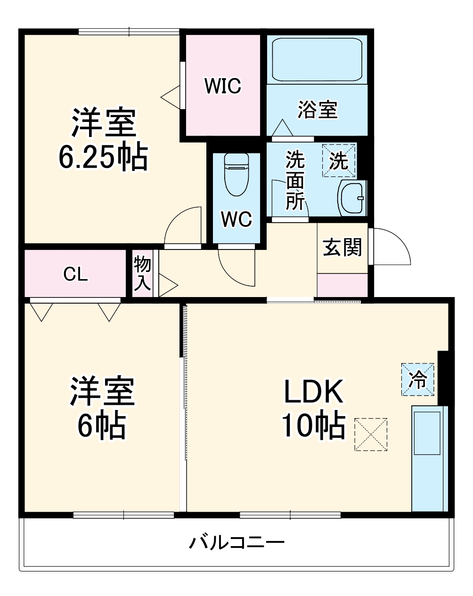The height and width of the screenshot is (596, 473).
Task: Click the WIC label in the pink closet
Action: pyautogui.click(x=223, y=86)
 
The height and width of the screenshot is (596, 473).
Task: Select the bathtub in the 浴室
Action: pyautogui.click(x=317, y=59)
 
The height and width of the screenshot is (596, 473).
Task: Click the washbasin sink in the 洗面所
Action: pyautogui.click(x=351, y=198)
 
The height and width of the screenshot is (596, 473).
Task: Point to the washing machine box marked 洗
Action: pyautogui.click(x=338, y=161)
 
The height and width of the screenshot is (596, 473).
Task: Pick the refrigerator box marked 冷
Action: pyautogui.click(x=417, y=379)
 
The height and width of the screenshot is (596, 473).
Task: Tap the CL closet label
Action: pyautogui.click(x=76, y=274)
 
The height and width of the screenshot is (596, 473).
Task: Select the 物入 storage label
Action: pyautogui.click(x=142, y=274)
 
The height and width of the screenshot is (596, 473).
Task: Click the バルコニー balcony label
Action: pyautogui.click(x=237, y=543)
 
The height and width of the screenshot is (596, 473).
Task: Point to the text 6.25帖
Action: pyautogui.click(x=103, y=158)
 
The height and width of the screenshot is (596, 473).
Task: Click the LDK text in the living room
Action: pyautogui.click(x=313, y=392)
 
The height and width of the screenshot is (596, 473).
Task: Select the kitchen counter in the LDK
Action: pyautogui.click(x=429, y=458)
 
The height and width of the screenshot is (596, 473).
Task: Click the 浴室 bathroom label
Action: pyautogui.click(x=318, y=109)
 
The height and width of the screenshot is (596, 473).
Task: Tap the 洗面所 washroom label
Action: pyautogui.click(x=295, y=180)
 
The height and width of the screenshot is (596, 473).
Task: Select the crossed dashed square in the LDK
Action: pyautogui.click(x=371, y=435)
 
